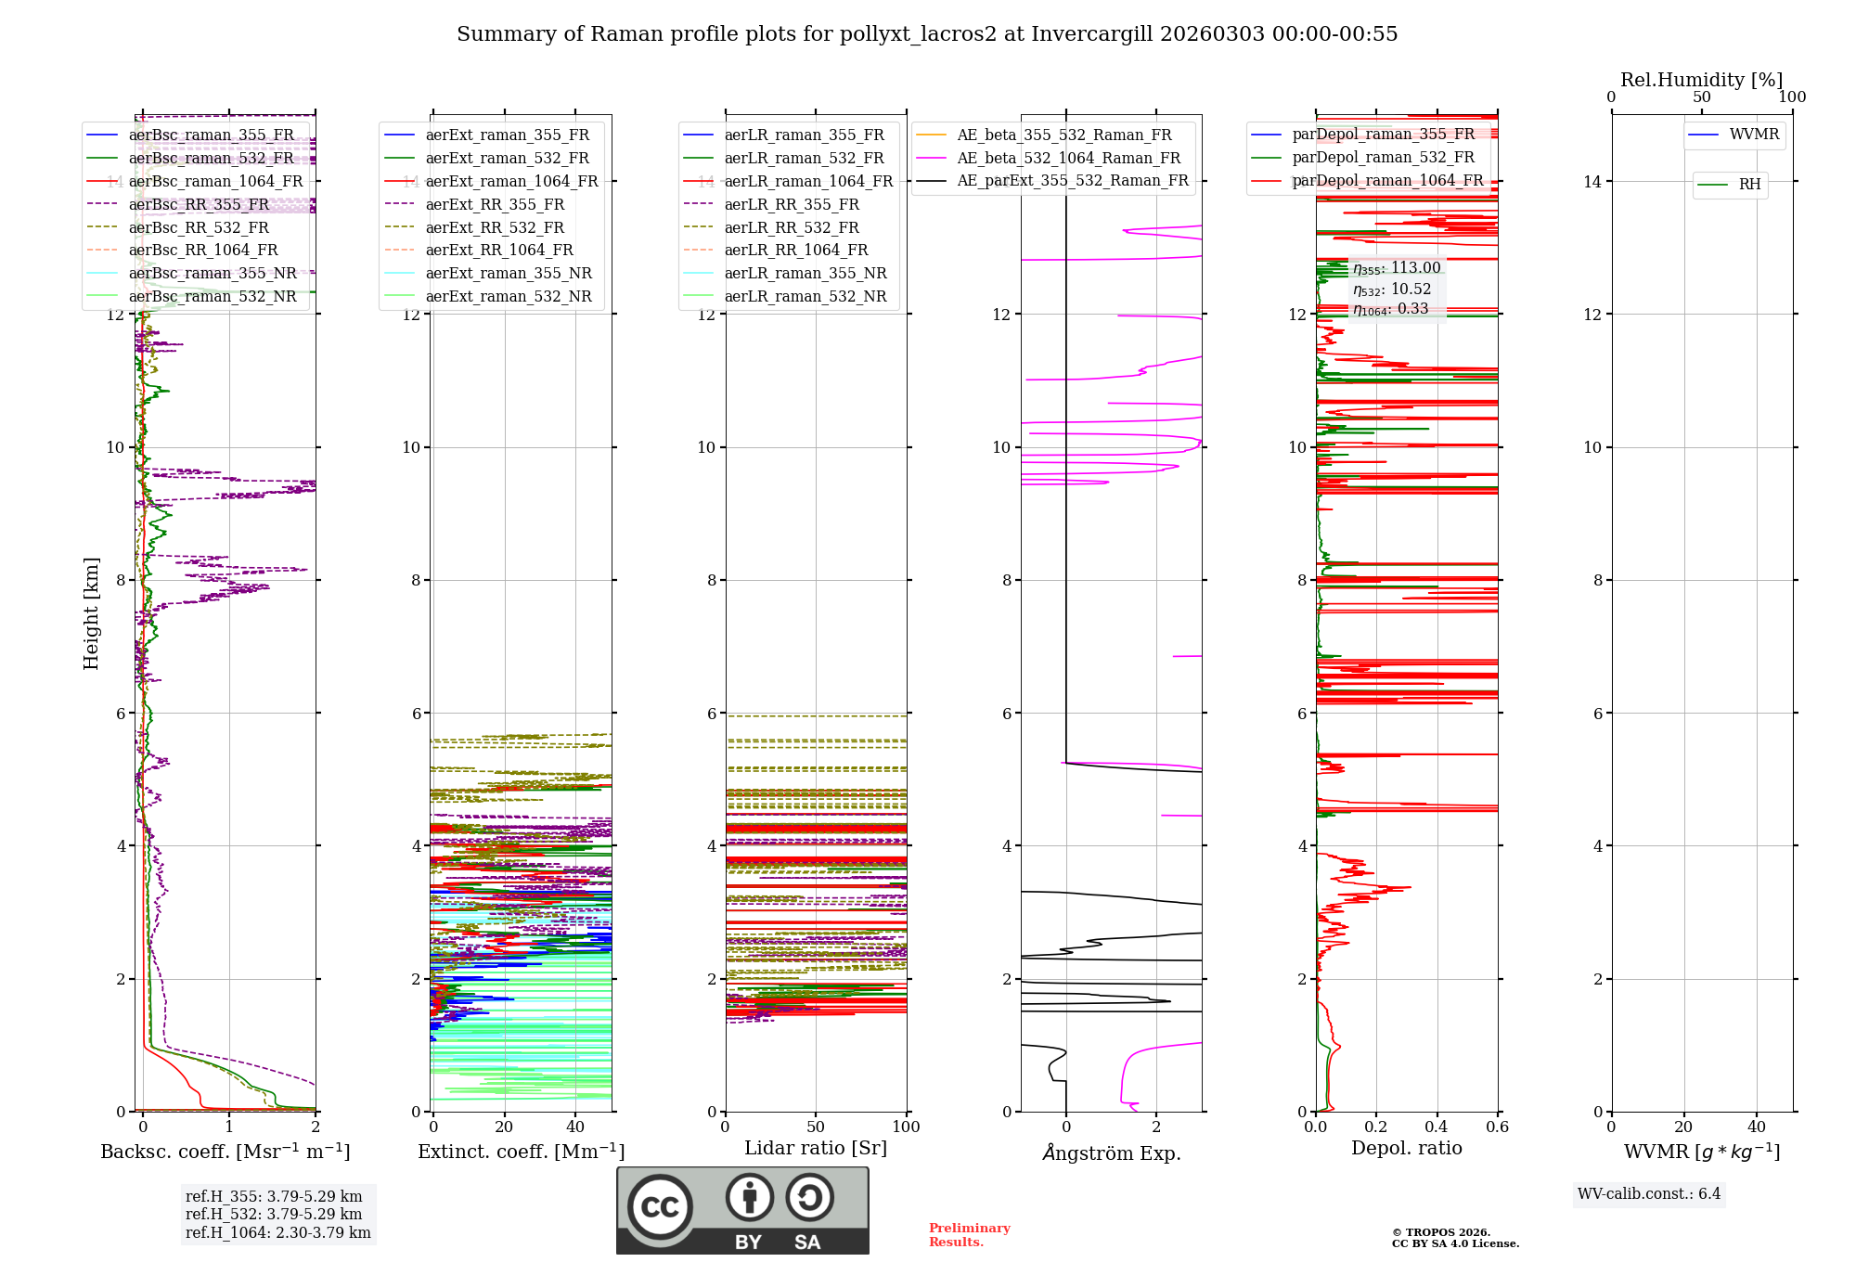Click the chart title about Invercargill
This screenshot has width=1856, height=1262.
coord(926,34)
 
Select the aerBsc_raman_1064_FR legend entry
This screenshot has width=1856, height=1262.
coord(215,181)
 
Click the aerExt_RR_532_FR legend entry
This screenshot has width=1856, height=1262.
coord(495,227)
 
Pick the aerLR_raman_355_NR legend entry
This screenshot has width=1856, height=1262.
coord(806,273)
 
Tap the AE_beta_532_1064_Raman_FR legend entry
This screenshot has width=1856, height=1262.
coord(1068,158)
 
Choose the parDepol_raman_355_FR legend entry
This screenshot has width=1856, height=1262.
coord(1383,135)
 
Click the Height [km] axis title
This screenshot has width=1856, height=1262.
coord(91,613)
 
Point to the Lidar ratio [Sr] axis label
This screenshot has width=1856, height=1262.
coord(815,1148)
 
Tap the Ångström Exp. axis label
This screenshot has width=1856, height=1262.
coord(1111,1153)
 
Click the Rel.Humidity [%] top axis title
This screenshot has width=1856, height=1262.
coord(1701,80)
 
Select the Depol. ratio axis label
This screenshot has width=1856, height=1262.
coord(1406,1148)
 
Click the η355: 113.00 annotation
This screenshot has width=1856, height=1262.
coord(1397,268)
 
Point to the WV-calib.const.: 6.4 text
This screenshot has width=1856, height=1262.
coord(1648,1193)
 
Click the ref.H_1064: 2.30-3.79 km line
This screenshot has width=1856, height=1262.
coord(277,1232)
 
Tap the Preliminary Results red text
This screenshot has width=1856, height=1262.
coord(969,1235)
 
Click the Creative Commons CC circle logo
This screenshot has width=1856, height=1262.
coord(660,1207)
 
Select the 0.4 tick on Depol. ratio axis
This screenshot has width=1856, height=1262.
coord(1437,1127)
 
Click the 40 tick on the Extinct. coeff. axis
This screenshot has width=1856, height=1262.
coord(575,1127)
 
